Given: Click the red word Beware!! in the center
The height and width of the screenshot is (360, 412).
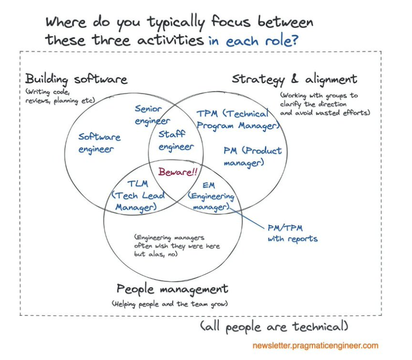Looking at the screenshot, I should tap(178, 172).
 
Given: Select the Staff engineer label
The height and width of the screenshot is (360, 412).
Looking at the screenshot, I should tap(176, 140).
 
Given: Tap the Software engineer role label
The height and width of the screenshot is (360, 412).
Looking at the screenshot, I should tap(99, 143).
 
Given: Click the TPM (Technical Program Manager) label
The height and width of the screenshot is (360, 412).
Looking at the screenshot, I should tap(236, 120).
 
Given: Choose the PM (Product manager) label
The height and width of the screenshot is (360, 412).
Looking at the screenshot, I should tap(252, 157).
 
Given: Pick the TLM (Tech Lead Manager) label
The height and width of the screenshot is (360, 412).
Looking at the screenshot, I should tap(138, 195).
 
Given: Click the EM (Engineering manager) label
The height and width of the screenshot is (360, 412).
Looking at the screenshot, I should tap(211, 196).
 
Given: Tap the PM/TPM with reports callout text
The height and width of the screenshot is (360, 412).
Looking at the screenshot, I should tap(292, 233).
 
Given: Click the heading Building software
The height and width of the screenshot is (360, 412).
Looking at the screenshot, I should tap(76, 79).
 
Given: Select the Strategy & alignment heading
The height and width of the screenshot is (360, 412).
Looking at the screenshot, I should tap(294, 79).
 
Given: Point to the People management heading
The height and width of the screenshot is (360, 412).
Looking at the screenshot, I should tap(172, 289).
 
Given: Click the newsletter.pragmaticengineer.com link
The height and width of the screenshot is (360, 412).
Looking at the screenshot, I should tap(315, 345).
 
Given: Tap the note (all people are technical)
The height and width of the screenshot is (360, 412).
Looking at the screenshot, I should tap(274, 327).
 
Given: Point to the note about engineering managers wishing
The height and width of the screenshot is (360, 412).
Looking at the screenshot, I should tap(177, 246).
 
